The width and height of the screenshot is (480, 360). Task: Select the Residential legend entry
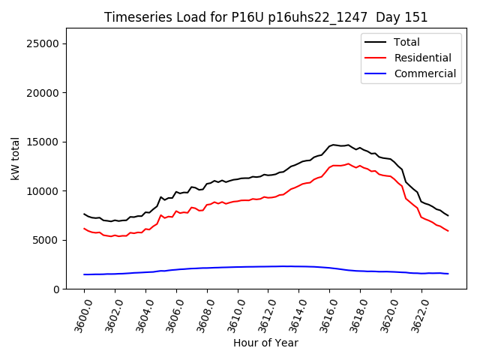422,58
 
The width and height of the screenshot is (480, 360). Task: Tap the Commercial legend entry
424,73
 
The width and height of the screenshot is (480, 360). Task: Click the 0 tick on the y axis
56,289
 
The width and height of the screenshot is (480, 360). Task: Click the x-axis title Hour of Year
265,343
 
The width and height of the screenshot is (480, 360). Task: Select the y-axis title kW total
14,158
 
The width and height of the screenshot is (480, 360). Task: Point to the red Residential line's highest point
348,163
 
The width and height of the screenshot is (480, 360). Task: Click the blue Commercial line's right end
448,274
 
